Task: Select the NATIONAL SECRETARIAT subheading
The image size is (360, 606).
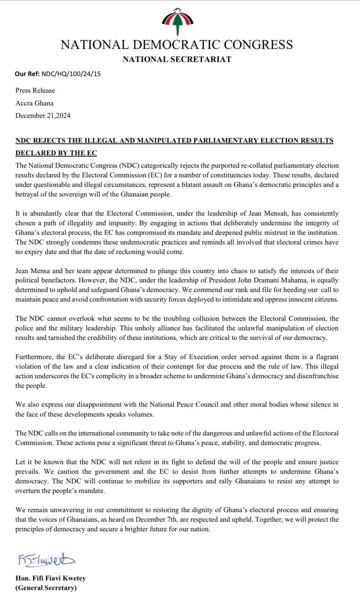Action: point(177,59)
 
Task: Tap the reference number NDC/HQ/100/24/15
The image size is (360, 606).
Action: point(71,74)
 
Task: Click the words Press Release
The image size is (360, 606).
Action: point(35,90)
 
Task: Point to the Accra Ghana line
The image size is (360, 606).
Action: point(35,103)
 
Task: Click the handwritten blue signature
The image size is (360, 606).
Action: point(46,560)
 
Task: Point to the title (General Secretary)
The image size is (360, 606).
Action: point(45,588)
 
